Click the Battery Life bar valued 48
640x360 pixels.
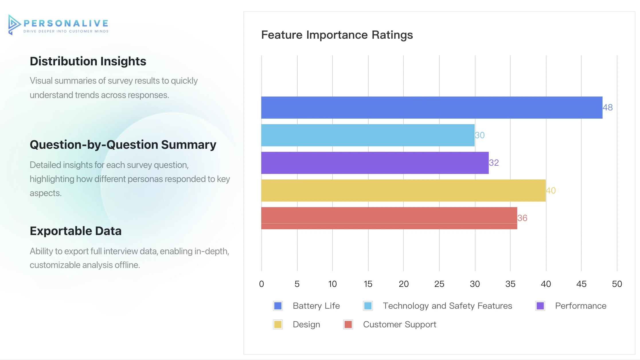(432, 107)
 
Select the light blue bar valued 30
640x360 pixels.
(368, 135)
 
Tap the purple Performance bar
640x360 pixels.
(375, 163)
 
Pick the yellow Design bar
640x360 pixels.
(403, 190)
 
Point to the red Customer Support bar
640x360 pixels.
(389, 218)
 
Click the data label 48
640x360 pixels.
(608, 107)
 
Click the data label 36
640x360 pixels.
(522, 218)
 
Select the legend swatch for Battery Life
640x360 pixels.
(278, 306)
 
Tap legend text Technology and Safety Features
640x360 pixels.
(447, 306)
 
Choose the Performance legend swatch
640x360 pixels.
(540, 306)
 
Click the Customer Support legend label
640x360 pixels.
(399, 324)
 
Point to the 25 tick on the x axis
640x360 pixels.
(439, 284)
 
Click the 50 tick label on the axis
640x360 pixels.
(617, 284)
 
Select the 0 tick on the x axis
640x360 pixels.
(262, 284)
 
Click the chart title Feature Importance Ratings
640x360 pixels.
(337, 35)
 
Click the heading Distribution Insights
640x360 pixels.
(88, 61)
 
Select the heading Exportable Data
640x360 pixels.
(76, 231)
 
